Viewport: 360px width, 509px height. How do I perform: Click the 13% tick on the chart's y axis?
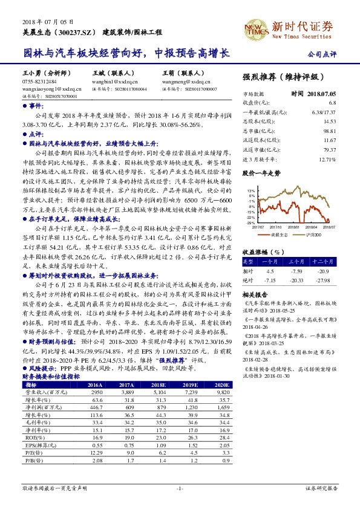click(251, 190)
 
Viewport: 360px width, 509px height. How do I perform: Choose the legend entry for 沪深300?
click(312, 234)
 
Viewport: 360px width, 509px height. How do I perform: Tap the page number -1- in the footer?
click(180, 487)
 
